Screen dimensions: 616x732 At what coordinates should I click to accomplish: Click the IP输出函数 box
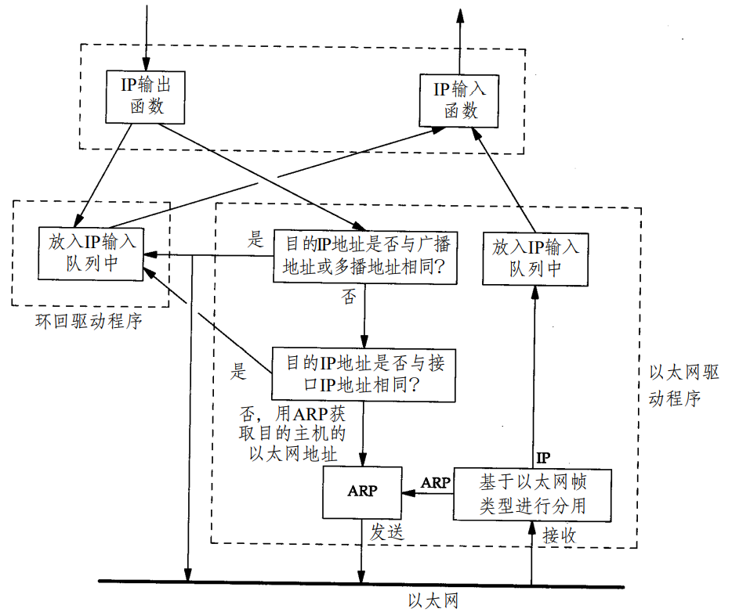(x=146, y=95)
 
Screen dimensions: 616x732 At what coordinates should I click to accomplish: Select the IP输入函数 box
(x=459, y=100)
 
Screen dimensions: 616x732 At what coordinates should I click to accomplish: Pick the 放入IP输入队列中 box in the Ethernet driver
(x=536, y=258)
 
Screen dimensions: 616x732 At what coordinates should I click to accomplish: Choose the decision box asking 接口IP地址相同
(x=363, y=374)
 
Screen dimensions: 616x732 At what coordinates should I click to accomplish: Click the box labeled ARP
(x=362, y=492)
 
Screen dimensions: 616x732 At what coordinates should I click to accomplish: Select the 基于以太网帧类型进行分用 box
(x=532, y=494)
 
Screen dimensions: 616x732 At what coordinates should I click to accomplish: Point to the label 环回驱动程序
(x=89, y=321)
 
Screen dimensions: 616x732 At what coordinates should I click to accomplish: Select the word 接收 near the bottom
(x=560, y=535)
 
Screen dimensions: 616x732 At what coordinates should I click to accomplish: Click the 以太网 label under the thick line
(x=433, y=601)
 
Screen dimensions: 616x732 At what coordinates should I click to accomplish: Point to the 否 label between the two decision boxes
(x=349, y=298)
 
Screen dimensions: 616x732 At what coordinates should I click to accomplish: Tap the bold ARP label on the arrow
(x=436, y=482)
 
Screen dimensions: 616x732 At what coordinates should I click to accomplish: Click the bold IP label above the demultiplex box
(x=542, y=457)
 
